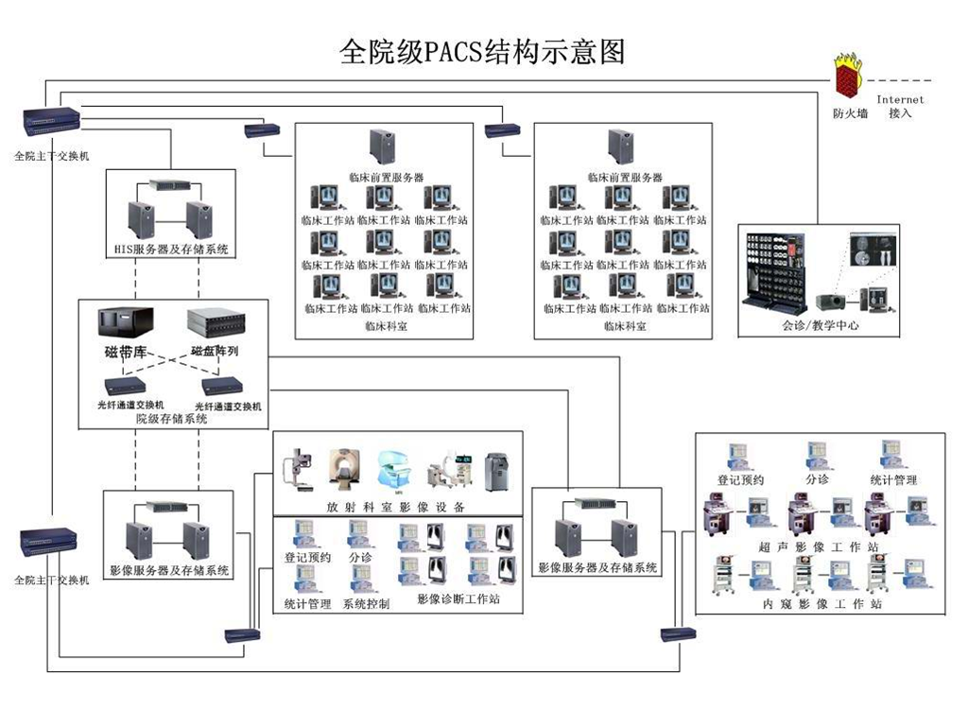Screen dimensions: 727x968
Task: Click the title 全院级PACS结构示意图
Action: point(482,52)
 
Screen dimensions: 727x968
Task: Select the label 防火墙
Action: point(850,113)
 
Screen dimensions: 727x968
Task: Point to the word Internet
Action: point(900,99)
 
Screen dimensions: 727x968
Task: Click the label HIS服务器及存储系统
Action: point(170,251)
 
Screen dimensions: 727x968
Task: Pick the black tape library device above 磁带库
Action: point(126,322)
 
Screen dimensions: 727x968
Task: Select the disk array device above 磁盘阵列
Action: point(216,324)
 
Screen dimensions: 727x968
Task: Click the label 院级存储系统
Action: point(171,418)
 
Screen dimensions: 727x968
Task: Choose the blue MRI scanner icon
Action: point(397,469)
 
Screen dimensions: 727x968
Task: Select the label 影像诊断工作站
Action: point(458,599)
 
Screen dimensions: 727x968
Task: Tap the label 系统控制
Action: point(366,604)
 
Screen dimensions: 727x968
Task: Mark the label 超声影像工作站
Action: point(819,547)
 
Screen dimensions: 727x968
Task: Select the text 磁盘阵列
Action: point(216,352)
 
